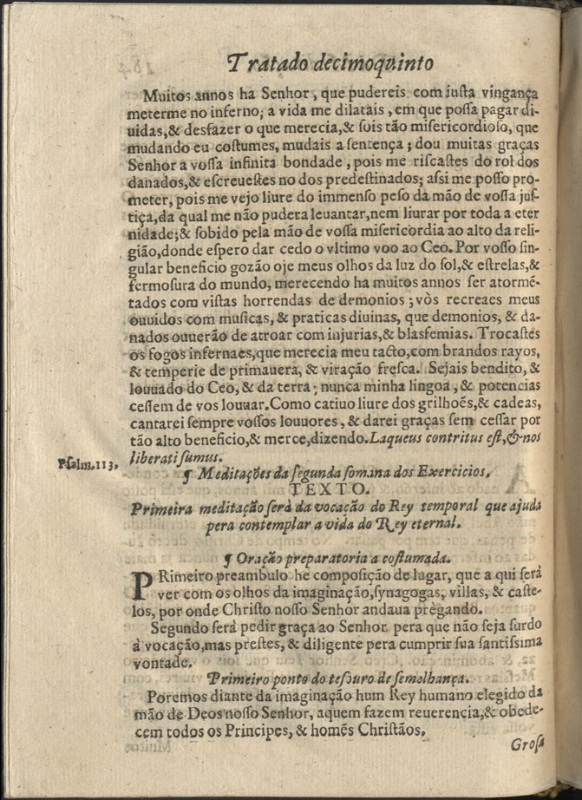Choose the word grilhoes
[x=420, y=403]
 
